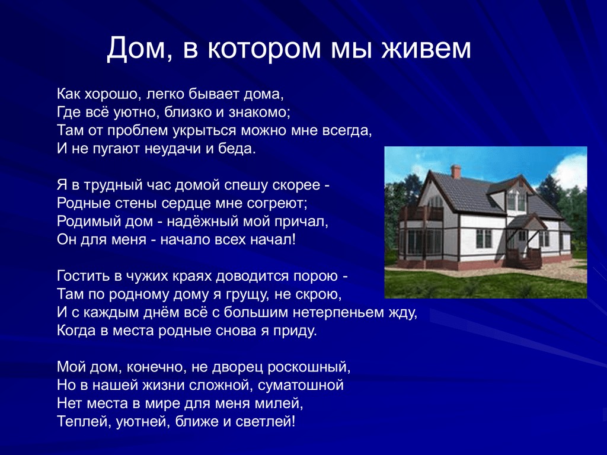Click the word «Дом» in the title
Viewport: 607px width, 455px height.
136,48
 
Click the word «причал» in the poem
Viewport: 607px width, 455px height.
299,222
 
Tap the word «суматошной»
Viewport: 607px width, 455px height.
301,385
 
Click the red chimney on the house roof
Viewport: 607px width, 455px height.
456,172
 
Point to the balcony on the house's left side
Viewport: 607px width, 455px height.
421,213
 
